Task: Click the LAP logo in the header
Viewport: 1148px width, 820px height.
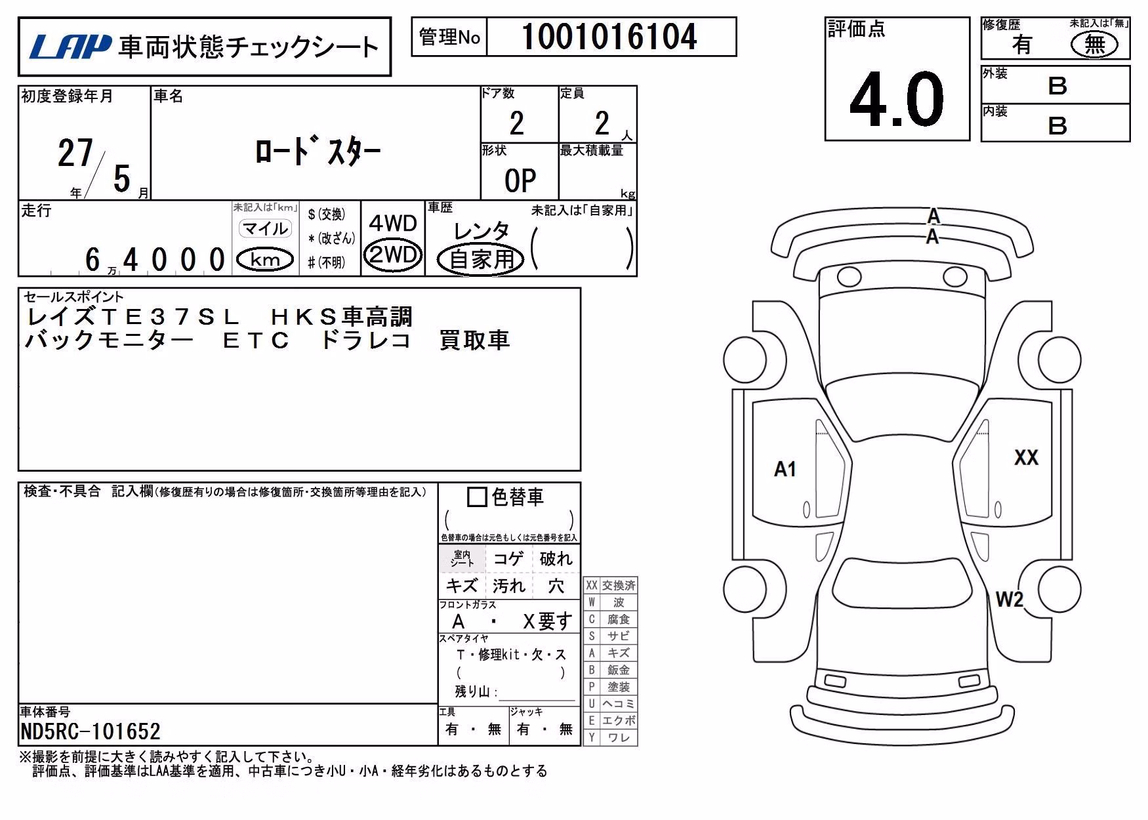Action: [70, 47]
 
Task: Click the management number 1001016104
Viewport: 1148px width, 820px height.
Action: [609, 37]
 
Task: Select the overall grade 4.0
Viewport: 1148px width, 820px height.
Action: [896, 99]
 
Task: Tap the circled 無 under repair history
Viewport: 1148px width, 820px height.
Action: [1094, 45]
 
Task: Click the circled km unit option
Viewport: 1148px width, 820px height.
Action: [265, 260]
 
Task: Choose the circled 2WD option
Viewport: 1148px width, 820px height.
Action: [392, 254]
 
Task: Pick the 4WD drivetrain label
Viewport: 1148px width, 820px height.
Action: [392, 223]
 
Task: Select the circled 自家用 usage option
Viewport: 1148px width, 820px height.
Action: [481, 259]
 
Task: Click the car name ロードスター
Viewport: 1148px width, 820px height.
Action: [318, 152]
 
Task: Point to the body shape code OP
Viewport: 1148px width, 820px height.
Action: [520, 180]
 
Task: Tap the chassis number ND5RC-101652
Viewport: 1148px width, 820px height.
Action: [91, 731]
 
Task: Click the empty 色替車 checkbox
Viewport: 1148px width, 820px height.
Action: [477, 497]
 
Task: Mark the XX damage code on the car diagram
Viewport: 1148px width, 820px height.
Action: [1026, 457]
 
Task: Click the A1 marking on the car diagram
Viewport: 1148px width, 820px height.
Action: [785, 469]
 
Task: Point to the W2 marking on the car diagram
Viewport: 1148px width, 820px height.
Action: [1009, 599]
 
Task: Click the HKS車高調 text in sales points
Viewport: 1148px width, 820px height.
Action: [341, 318]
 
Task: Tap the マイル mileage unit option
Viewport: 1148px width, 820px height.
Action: [264, 228]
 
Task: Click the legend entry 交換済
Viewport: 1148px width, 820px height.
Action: [619, 585]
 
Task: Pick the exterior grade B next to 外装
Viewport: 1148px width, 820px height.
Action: [1057, 86]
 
